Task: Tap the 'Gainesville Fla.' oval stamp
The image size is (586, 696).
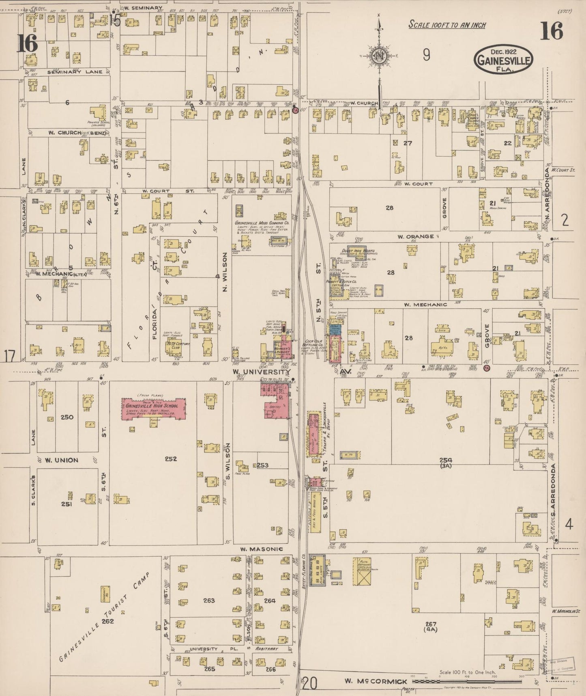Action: tap(503, 59)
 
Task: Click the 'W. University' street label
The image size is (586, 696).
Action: tap(261, 372)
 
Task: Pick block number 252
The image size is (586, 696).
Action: tap(171, 459)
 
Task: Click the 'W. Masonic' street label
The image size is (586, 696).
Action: tap(255, 549)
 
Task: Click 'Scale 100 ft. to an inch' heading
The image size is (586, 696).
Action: tap(447, 25)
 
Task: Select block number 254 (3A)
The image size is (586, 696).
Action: tap(445, 462)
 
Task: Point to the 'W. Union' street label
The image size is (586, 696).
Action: tap(61, 460)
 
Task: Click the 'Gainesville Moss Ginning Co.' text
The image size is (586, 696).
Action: tap(261, 223)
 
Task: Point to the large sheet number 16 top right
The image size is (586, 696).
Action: tap(551, 31)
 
